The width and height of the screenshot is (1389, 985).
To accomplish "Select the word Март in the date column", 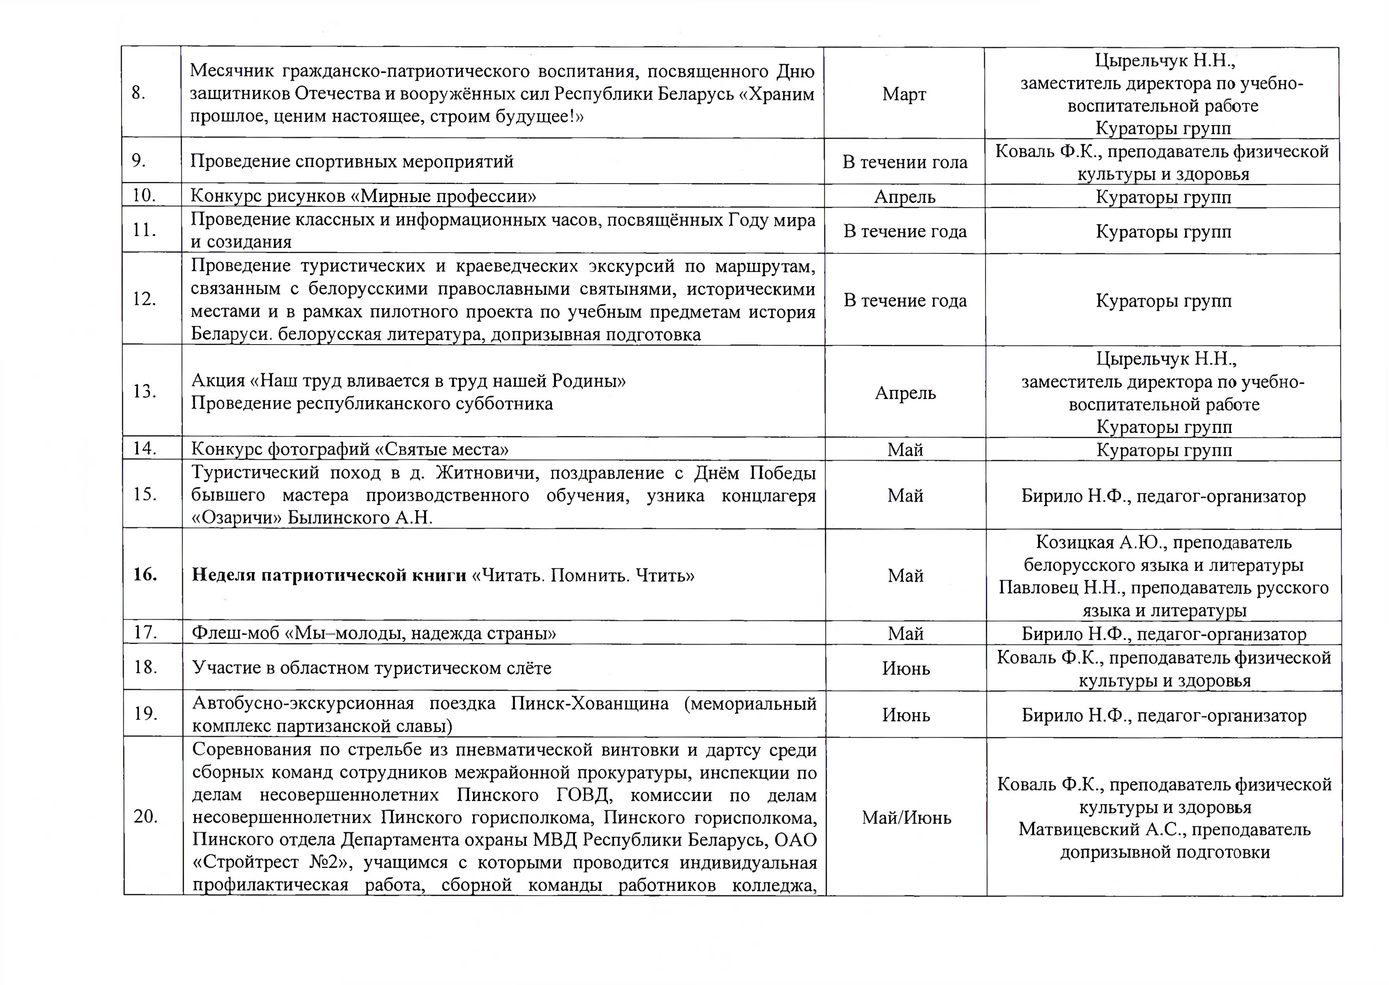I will (x=904, y=94).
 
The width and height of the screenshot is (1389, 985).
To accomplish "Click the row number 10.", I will (x=145, y=195).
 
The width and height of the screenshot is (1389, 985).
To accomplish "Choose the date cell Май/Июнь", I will (x=906, y=818).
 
